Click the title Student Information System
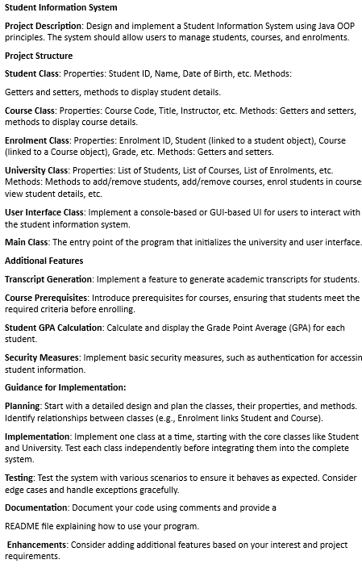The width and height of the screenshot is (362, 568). [x=60, y=8]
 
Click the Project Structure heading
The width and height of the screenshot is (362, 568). [x=39, y=56]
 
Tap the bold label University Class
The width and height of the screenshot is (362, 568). [x=36, y=170]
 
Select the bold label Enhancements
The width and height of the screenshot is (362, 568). [x=39, y=545]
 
